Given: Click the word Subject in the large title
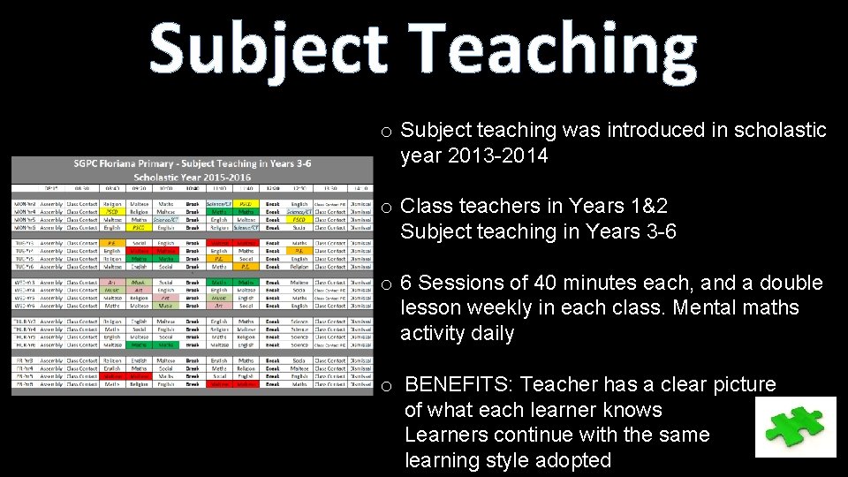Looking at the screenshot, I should click(x=267, y=49).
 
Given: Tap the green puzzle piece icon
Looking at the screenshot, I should click(x=795, y=427).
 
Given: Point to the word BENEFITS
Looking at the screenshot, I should click(x=462, y=384).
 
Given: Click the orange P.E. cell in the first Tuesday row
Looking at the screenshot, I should click(x=112, y=242).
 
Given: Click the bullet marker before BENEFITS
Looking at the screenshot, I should click(x=386, y=387).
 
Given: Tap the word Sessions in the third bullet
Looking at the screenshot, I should click(x=454, y=283).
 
